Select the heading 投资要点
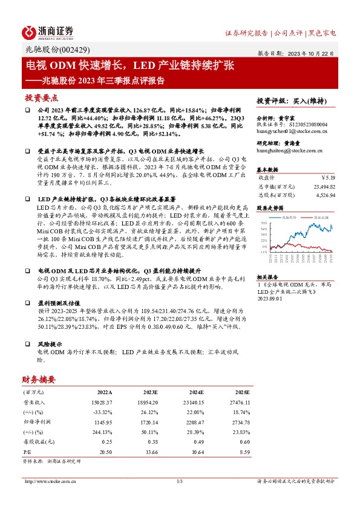click(41, 97)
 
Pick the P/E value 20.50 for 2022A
click(105, 452)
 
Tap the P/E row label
click(27, 452)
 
